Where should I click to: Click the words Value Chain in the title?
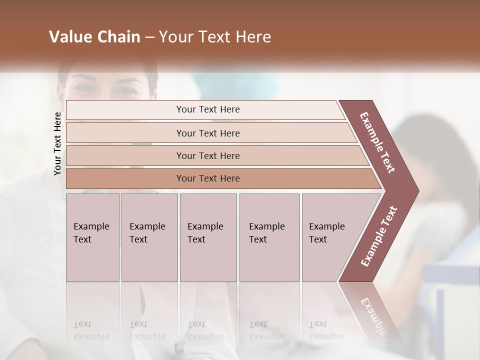(94, 37)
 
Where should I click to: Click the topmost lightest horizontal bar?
(125, 109)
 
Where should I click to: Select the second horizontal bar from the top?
(125, 133)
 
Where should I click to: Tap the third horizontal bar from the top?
(125, 155)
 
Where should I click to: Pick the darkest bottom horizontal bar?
(125, 178)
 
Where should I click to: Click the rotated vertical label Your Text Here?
(57, 143)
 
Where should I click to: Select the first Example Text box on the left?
(92, 237)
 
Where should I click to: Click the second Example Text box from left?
(149, 237)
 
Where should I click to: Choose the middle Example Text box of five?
(208, 237)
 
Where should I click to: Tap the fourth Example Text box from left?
(269, 237)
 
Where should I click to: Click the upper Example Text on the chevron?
(377, 142)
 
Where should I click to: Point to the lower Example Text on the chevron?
(379, 236)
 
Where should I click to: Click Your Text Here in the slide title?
(215, 37)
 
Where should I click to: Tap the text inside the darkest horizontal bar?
(208, 178)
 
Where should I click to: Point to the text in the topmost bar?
(208, 109)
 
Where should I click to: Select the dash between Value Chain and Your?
(149, 37)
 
